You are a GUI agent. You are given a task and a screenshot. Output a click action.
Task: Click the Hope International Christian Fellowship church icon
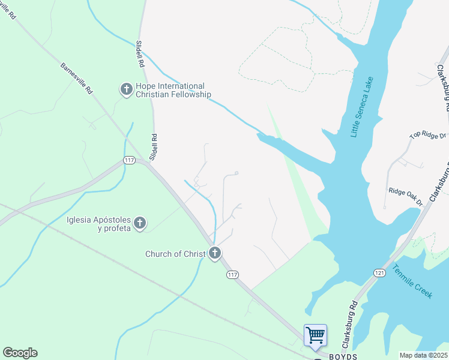[126, 90]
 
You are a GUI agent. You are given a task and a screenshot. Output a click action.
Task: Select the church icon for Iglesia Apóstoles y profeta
[139, 224]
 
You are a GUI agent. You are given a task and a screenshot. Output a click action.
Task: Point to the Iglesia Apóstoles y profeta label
[98, 224]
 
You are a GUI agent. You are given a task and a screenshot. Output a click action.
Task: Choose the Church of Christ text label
[175, 254]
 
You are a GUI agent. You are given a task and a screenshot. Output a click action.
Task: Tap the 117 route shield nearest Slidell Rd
[129, 160]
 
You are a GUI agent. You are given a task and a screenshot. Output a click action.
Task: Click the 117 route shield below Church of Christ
[233, 274]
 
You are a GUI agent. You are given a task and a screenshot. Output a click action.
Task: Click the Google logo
[20, 353]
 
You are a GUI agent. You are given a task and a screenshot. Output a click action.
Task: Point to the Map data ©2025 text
[423, 355]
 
